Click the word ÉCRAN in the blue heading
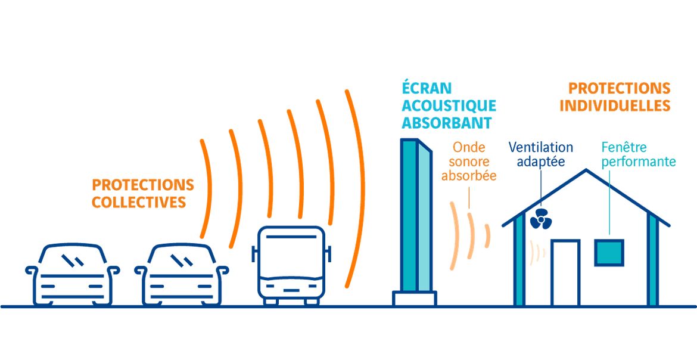(x=427, y=88)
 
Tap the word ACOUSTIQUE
(x=449, y=106)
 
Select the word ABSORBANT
(x=447, y=123)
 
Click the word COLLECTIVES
(x=139, y=202)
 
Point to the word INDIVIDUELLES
(x=615, y=106)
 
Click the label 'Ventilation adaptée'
(x=540, y=154)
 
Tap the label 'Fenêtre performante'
(x=639, y=154)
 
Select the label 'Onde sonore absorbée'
(x=469, y=162)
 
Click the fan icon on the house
(x=540, y=219)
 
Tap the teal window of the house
(x=609, y=252)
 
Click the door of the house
(x=565, y=273)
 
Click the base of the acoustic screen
(x=414, y=298)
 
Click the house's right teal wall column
(x=652, y=260)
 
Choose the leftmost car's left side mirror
(x=30, y=270)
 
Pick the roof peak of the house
(x=586, y=170)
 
